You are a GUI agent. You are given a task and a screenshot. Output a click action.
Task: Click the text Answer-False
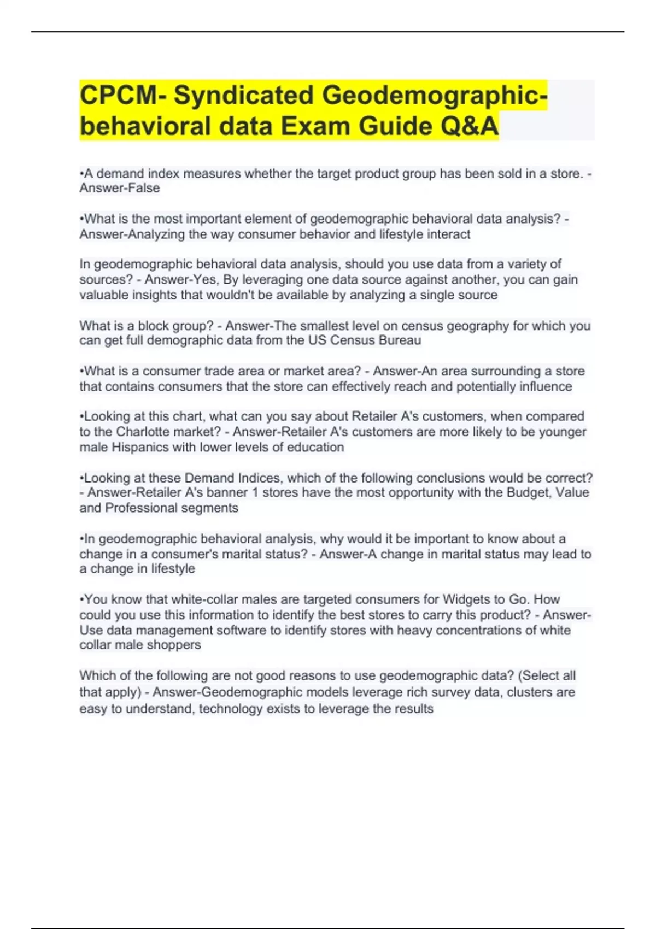click(x=120, y=188)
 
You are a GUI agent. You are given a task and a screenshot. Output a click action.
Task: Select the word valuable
click(x=103, y=295)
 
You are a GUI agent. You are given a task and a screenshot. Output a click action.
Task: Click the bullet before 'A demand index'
click(x=81, y=174)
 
